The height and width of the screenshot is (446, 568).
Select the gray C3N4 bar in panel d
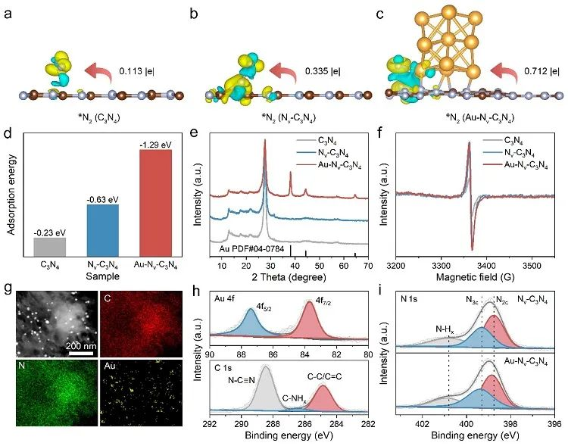[50, 247]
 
